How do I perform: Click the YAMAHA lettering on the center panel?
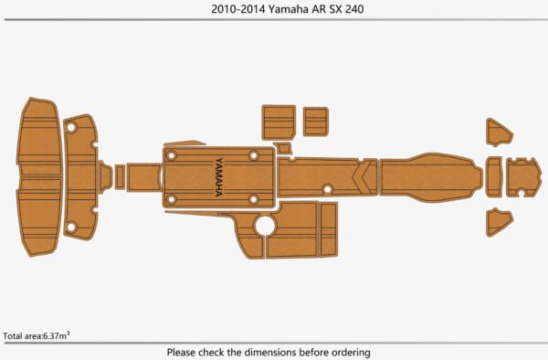point(219,177)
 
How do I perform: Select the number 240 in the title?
point(354,9)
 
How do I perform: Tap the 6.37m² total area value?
point(56,336)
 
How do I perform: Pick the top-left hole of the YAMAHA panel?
point(172,155)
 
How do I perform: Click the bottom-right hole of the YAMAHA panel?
point(253,199)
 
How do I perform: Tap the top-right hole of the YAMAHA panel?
point(253,155)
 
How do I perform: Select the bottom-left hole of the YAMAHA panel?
point(172,199)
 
